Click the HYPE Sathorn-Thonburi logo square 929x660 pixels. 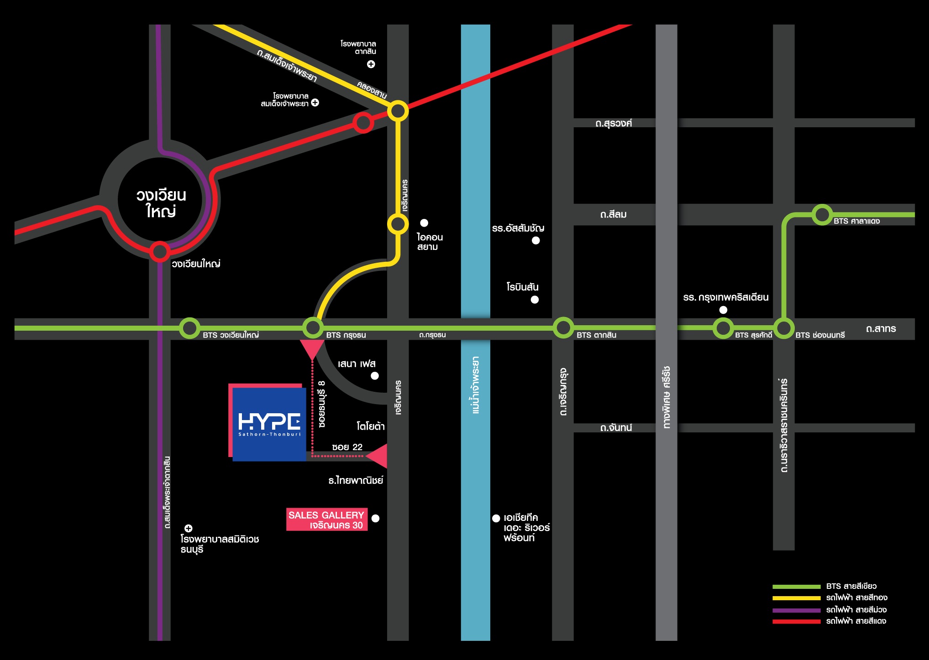tap(269, 424)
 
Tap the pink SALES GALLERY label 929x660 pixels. tap(327, 520)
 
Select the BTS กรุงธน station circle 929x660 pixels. tap(313, 327)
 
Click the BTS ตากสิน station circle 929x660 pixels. tap(563, 327)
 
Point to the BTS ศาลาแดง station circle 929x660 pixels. tap(822, 214)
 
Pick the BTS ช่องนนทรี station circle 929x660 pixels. tap(784, 328)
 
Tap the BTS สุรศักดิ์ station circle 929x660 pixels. tap(723, 328)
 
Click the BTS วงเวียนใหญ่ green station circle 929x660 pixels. tap(189, 327)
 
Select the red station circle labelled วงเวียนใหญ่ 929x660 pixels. tap(160, 251)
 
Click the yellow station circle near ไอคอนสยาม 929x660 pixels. tap(398, 224)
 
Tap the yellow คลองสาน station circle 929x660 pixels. tap(398, 110)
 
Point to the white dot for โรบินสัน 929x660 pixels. tap(535, 300)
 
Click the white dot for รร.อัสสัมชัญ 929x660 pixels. tap(536, 240)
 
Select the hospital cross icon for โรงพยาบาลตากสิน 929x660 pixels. tap(371, 64)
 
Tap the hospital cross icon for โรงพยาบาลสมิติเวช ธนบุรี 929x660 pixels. tap(189, 528)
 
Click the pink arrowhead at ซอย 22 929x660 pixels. tap(377, 456)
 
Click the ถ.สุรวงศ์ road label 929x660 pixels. tap(614, 123)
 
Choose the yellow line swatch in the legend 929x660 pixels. tap(797, 598)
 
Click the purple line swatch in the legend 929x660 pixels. tap(797, 610)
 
